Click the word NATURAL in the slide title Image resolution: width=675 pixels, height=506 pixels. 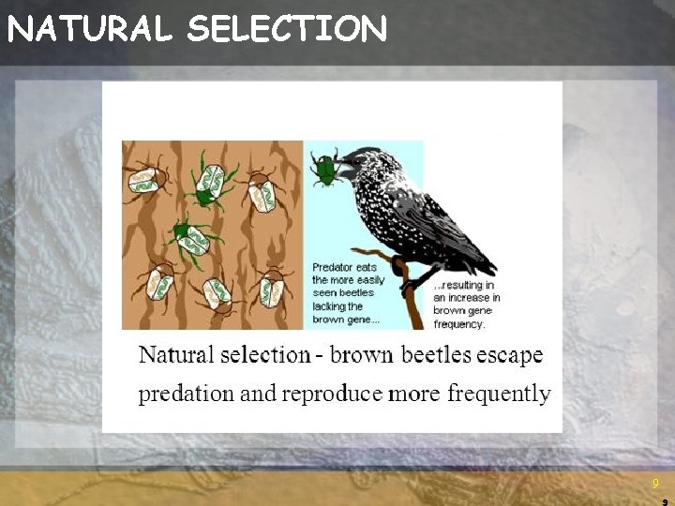coord(90,30)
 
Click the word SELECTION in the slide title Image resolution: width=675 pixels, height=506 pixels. coord(287,30)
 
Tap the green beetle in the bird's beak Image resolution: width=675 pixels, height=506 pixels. coord(325,170)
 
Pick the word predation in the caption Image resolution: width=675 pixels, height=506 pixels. coord(186,394)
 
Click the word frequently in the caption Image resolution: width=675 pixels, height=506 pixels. coord(498,394)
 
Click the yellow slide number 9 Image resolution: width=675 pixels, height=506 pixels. coord(655,484)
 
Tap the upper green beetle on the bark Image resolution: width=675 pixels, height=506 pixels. coord(210,182)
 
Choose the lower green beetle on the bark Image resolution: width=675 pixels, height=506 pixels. coord(194,239)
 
